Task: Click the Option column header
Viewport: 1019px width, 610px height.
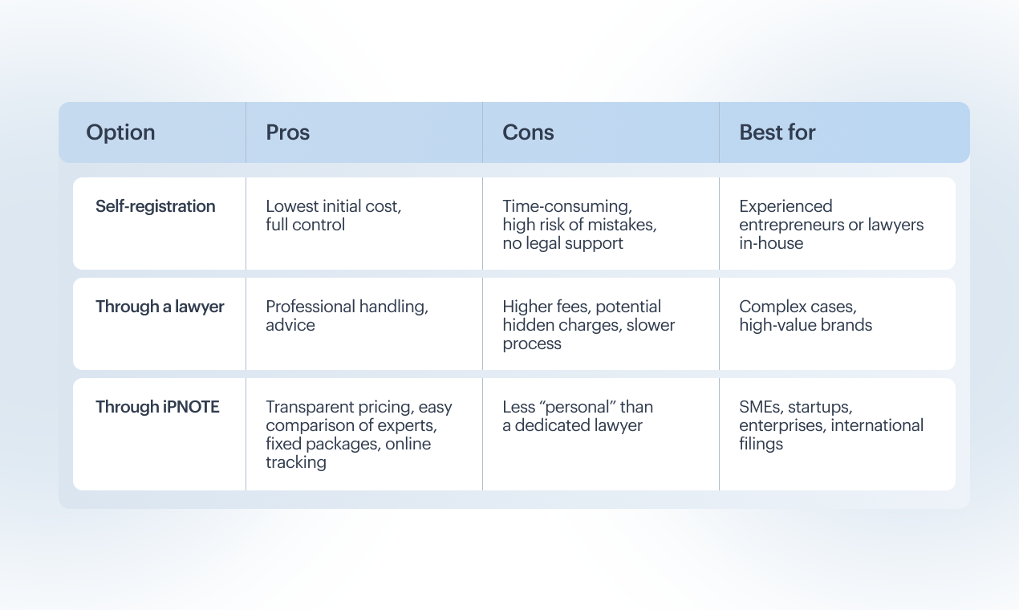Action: click(x=120, y=133)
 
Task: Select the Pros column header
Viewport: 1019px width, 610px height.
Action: click(x=287, y=132)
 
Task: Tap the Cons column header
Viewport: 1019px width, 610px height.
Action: click(x=528, y=132)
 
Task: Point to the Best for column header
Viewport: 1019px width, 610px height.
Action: click(x=777, y=132)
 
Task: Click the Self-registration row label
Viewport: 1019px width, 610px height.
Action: click(x=155, y=206)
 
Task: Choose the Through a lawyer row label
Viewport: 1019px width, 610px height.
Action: click(x=160, y=307)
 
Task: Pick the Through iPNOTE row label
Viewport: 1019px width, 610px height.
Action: click(x=157, y=407)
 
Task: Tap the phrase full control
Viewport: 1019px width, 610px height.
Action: click(x=305, y=225)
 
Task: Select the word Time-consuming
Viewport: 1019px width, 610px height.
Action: click(x=567, y=206)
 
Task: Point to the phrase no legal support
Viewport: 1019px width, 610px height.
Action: click(x=562, y=243)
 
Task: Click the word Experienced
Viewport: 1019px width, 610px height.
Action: click(x=786, y=206)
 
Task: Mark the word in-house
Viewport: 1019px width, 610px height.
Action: click(x=771, y=243)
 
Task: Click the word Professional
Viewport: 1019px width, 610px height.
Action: click(x=311, y=307)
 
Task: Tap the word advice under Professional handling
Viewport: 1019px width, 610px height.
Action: click(x=290, y=325)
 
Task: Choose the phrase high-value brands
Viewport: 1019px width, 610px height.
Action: click(x=806, y=325)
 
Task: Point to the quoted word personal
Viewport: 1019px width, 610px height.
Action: click(x=577, y=407)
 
